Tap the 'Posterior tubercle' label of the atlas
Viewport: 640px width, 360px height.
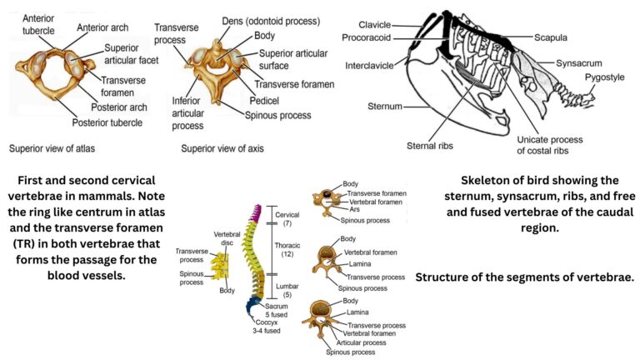coord(108,123)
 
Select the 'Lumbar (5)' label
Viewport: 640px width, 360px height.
coord(287,290)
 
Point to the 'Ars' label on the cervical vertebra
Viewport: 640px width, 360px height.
coord(353,210)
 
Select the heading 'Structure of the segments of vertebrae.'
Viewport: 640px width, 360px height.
coord(524,277)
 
